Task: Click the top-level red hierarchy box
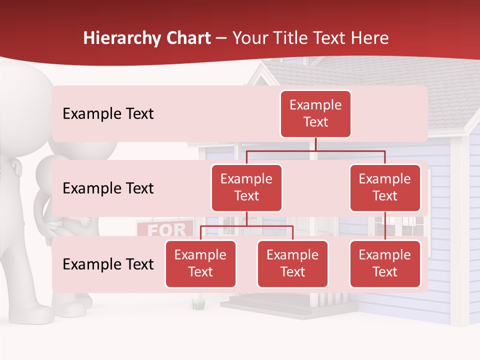coord(315,114)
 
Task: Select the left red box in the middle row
coord(246,187)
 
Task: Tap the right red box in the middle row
coord(385,187)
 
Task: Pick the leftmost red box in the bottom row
coord(200,263)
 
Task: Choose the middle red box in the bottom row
coord(292,263)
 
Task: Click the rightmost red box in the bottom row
coord(385,263)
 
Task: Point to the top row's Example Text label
coord(108,114)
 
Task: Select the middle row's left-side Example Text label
coord(108,188)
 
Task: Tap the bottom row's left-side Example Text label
coord(108,264)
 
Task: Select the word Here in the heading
coord(370,38)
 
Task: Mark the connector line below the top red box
coord(315,144)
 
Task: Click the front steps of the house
coord(265,305)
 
